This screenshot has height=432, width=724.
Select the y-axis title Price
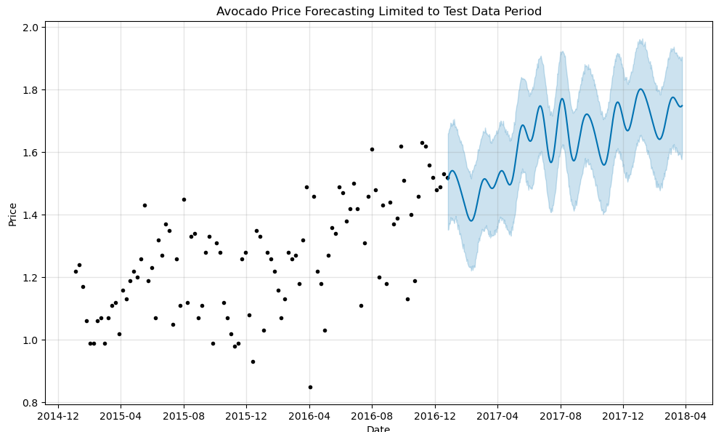(12, 214)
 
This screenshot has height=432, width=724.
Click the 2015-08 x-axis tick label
(184, 417)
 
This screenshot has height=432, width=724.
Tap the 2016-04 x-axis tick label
(309, 417)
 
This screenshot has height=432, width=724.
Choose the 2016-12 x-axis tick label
(435, 417)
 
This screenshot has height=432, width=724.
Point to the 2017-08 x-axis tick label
(561, 417)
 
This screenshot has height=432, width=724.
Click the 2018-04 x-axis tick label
(686, 417)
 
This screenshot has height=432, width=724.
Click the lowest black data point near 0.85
(310, 387)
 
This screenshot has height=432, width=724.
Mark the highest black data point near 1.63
(422, 143)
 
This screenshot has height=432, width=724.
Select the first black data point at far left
(76, 271)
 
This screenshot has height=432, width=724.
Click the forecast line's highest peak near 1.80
(640, 89)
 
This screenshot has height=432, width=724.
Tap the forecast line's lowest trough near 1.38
(471, 220)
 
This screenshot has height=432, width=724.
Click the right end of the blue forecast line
(682, 105)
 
